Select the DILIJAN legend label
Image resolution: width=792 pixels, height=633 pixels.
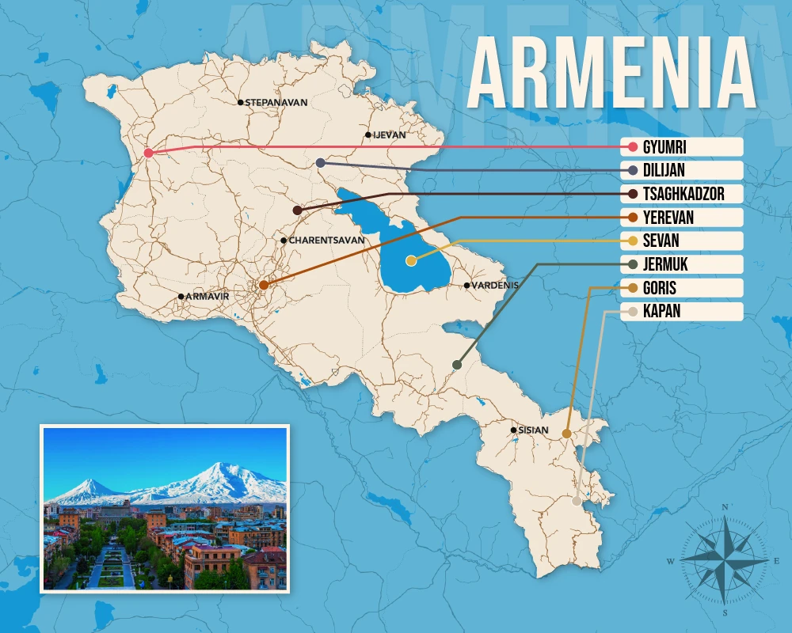tap(664, 170)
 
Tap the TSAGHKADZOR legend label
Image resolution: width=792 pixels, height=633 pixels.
tap(683, 194)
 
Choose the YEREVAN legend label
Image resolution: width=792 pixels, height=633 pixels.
tap(668, 218)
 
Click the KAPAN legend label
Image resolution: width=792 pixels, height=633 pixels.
tap(661, 312)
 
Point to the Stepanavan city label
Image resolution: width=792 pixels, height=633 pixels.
tap(275, 103)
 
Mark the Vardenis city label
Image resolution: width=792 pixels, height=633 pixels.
tap(495, 286)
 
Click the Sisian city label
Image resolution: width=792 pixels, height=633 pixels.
tap(533, 430)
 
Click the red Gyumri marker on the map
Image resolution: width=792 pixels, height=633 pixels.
tap(148, 154)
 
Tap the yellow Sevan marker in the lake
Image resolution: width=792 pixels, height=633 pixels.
tap(410, 260)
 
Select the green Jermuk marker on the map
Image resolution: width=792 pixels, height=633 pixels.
tap(456, 365)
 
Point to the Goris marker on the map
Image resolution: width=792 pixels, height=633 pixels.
tap(566, 434)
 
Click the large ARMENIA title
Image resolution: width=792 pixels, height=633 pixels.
tap(611, 75)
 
